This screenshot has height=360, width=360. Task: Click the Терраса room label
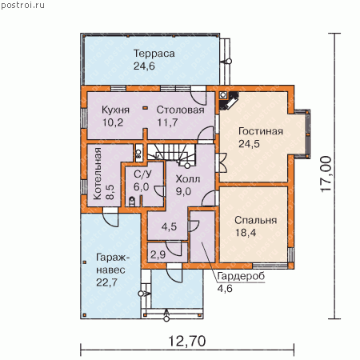[x=154, y=54]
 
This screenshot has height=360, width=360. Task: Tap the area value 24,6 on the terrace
[x=144, y=66]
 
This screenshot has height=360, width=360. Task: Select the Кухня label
[x=115, y=110]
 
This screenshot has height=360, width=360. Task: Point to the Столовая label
[x=181, y=110]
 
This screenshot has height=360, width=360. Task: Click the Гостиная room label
[x=261, y=131]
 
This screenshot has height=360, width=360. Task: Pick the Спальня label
[x=256, y=220]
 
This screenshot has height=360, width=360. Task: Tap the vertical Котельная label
[x=98, y=174]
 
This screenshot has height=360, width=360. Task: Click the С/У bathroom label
[x=142, y=174]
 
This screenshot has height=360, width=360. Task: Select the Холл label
[x=188, y=179]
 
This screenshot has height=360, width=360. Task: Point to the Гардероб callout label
[x=241, y=276]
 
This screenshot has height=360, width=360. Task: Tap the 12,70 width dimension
[x=187, y=341]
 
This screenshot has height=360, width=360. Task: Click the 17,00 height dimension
[x=326, y=174]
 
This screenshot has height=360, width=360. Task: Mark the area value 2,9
[x=158, y=254]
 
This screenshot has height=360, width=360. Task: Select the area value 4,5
[x=169, y=226]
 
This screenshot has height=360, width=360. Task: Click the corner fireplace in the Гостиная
[x=229, y=100]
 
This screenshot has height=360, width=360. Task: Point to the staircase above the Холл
[x=171, y=155]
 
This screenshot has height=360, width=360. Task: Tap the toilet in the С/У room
[x=132, y=202]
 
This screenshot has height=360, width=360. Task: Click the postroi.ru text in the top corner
[x=23, y=6]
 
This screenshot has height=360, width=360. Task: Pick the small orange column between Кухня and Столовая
[x=146, y=108]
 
